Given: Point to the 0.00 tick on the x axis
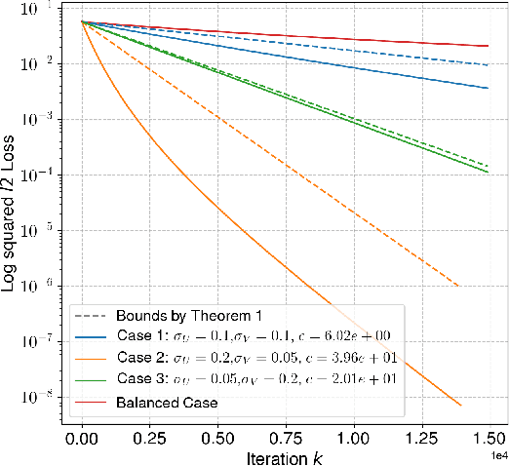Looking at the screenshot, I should tap(83, 431).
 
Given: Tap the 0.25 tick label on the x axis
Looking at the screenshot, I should tap(150, 431).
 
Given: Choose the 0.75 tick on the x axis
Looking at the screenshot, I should tap(286, 431).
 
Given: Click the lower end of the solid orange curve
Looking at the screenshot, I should tap(460, 405).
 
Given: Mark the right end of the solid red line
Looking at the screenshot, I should tap(488, 46).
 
